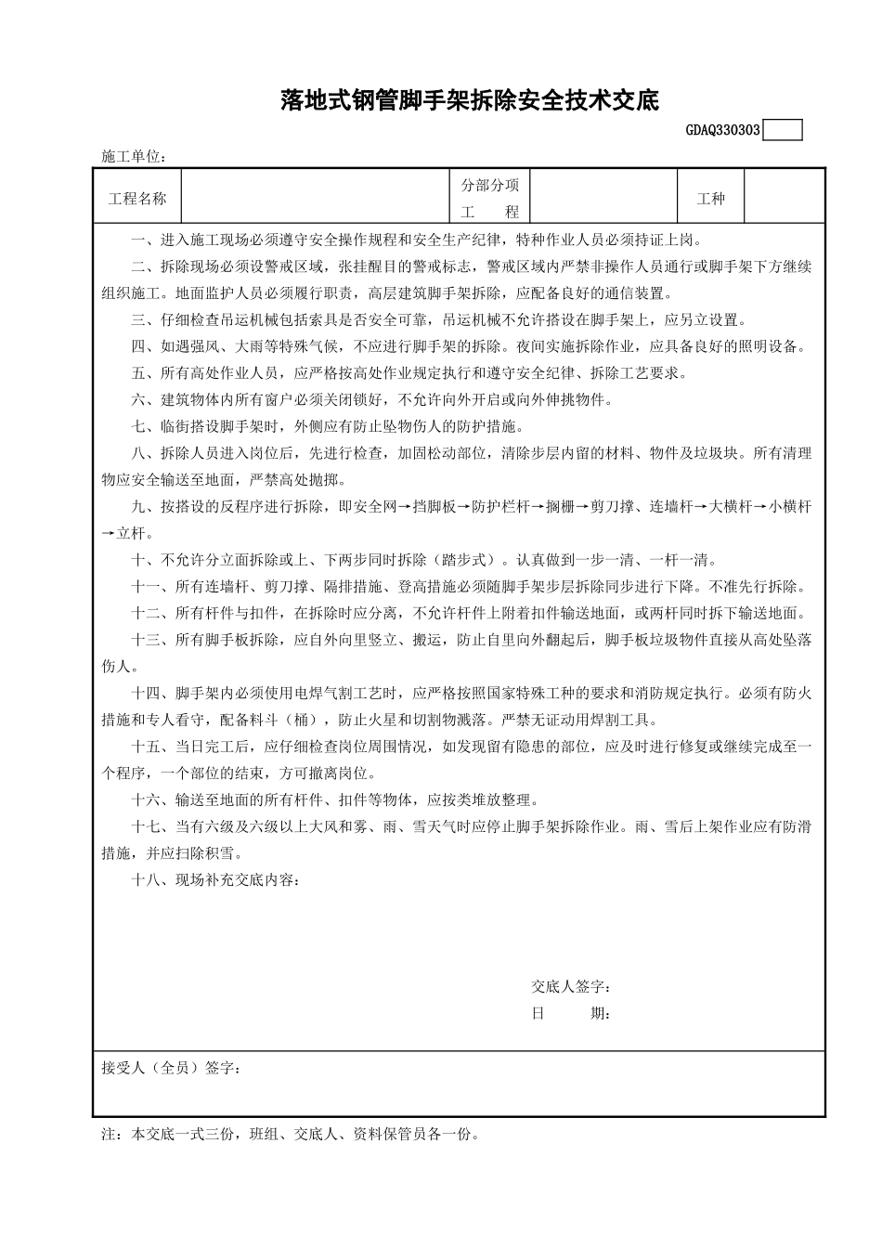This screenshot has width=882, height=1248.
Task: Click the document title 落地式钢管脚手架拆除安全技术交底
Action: pos(470,100)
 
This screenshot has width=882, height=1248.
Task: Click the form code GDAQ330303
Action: pos(723,131)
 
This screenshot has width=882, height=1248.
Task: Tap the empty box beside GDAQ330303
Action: pos(782,131)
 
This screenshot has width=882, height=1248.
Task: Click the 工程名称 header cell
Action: pos(137,198)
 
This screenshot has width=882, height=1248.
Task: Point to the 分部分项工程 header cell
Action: pos(489,198)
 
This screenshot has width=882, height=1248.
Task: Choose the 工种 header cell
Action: pos(710,198)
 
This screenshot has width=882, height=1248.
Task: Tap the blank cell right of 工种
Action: pos(785,198)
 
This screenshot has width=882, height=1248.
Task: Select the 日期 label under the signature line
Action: pos(570,1013)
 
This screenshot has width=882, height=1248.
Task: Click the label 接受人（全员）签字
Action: pos(172,1069)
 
